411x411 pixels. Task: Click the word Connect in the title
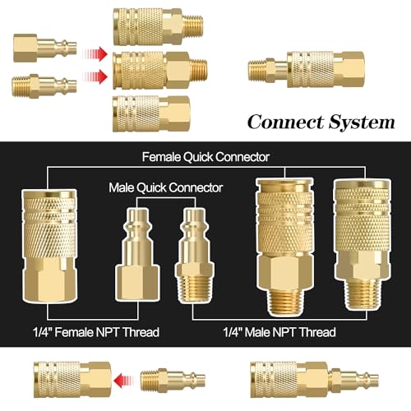coord(284,123)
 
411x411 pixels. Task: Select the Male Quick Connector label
coord(165,187)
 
